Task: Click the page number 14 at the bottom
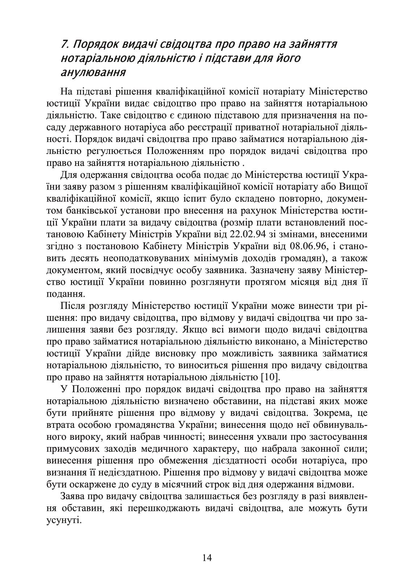click(x=207, y=557)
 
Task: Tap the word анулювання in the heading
click(x=94, y=72)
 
